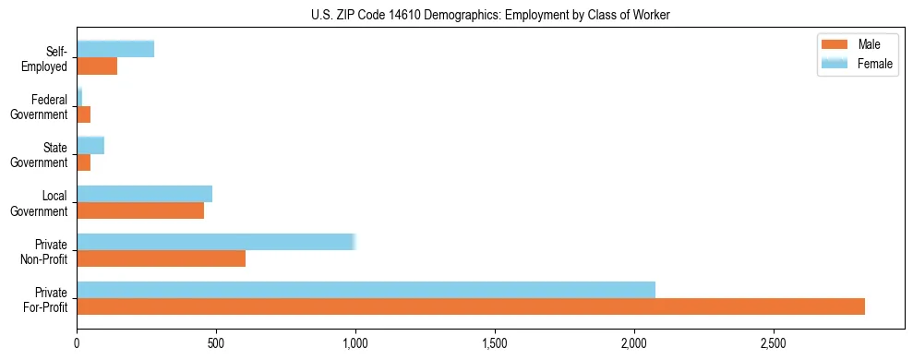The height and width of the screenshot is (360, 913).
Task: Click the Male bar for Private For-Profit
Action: click(471, 306)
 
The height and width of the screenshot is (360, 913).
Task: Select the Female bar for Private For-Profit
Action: click(366, 290)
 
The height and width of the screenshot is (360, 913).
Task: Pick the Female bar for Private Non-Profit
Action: click(216, 242)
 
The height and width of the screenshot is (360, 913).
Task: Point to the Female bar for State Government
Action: click(90, 146)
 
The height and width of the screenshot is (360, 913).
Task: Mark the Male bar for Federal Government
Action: click(84, 114)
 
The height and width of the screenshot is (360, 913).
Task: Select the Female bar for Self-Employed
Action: click(115, 49)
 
